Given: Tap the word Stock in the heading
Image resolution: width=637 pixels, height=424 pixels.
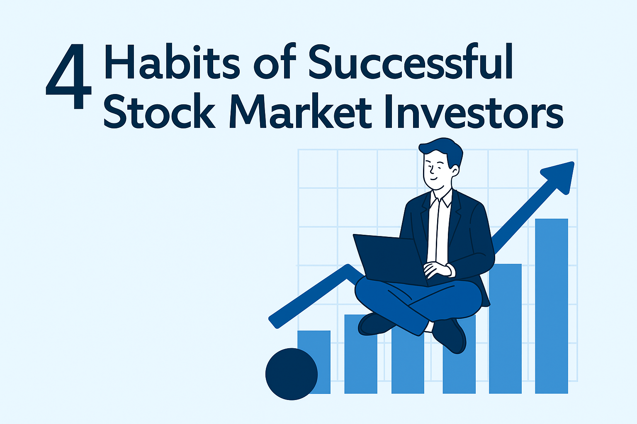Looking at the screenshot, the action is click(159, 111).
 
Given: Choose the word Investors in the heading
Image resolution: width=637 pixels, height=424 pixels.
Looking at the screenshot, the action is click(474, 111).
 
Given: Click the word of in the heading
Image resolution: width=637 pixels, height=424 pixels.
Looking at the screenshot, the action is click(275, 61).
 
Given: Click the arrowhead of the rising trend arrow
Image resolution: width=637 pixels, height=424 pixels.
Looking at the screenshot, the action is click(559, 178).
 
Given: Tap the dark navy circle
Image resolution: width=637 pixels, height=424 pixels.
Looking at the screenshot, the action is click(292, 374).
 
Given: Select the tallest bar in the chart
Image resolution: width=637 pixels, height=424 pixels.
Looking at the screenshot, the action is click(552, 306).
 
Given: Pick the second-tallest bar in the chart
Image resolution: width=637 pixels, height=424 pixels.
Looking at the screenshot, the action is click(506, 329).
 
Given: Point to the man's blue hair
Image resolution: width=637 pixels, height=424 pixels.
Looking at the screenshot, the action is click(442, 151).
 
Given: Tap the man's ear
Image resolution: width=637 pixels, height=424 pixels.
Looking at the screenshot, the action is click(455, 171).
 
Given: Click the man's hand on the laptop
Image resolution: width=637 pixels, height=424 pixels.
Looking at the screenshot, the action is click(437, 270).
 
